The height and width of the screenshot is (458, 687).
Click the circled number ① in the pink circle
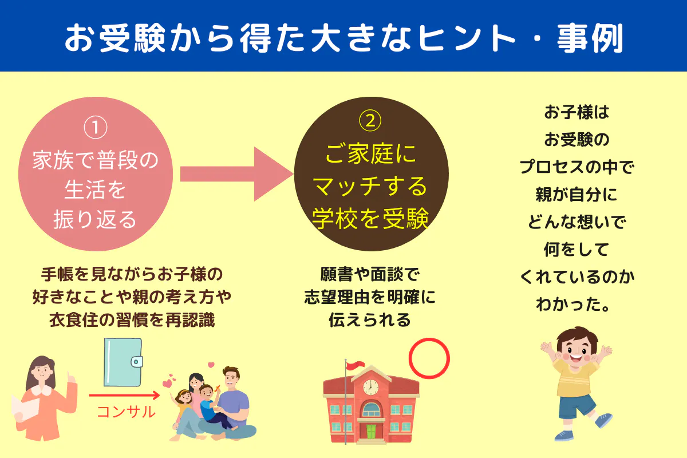click(x=96, y=127)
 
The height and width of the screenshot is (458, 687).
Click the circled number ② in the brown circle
click(x=370, y=121)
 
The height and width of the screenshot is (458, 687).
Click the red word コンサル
click(x=126, y=412)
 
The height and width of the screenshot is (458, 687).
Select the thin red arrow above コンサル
click(x=124, y=395)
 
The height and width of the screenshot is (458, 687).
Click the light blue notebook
click(x=123, y=362)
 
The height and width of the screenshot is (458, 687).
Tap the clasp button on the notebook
click(x=136, y=362)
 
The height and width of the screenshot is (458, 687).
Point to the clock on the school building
click(x=371, y=387)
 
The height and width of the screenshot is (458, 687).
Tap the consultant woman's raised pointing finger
click(x=70, y=376)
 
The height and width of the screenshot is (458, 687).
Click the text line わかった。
click(x=572, y=305)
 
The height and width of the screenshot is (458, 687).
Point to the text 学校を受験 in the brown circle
click(x=370, y=219)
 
